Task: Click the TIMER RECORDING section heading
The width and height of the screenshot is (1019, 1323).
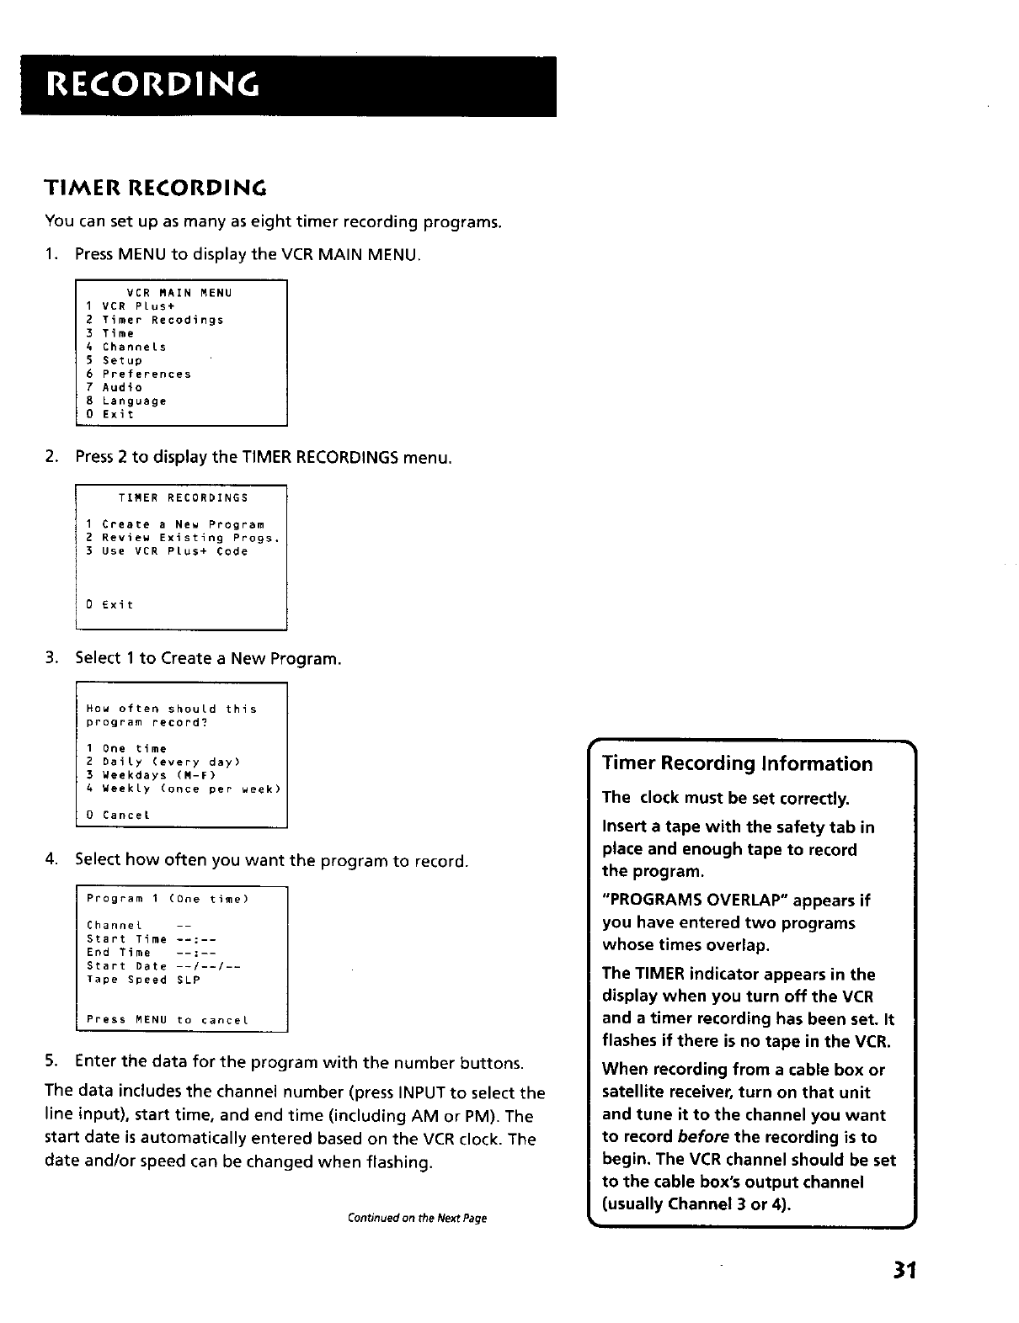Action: click(x=156, y=186)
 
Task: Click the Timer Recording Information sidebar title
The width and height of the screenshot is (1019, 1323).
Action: click(x=738, y=764)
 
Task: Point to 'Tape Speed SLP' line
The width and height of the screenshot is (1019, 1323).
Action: click(x=143, y=980)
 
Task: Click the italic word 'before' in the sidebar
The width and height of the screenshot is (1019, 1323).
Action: click(x=702, y=1137)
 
